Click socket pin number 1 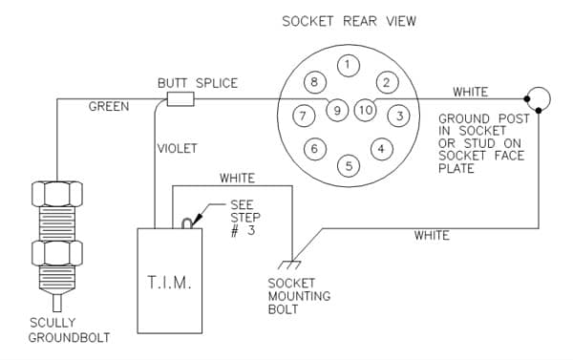click(349, 66)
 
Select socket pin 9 click(337, 110)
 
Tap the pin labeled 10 click(366, 110)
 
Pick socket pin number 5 click(349, 166)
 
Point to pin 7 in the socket click(304, 116)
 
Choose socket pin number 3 click(398, 116)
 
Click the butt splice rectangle click(180, 99)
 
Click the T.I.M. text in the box click(169, 283)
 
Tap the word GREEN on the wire click(109, 106)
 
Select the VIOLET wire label click(178, 148)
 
